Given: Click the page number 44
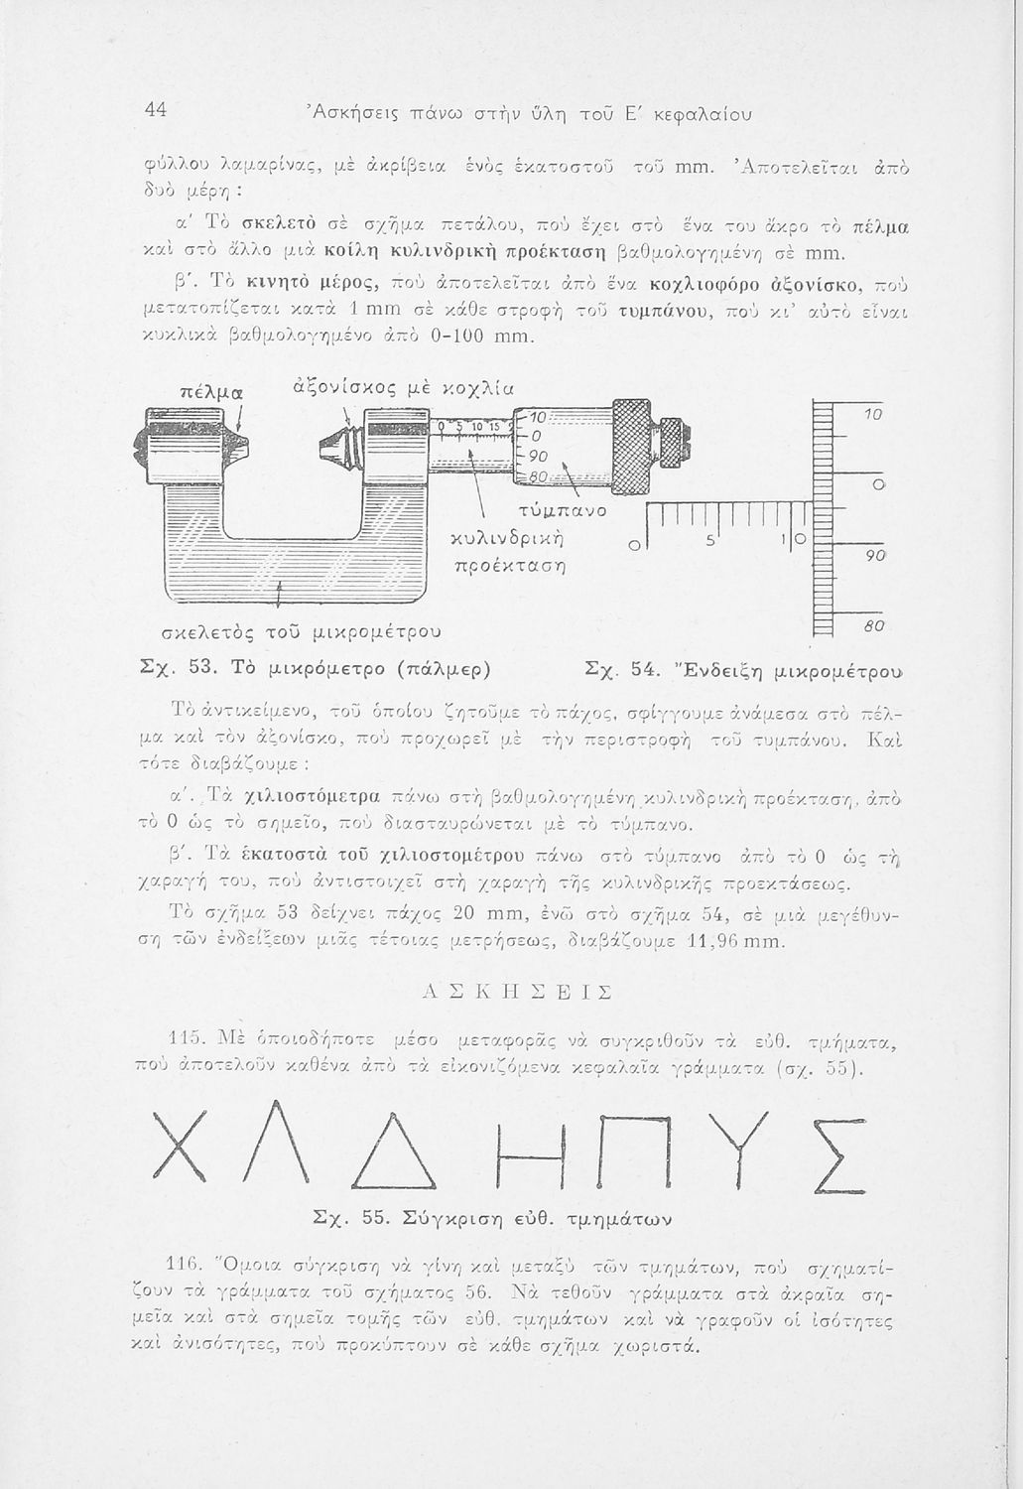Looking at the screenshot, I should tap(155, 112).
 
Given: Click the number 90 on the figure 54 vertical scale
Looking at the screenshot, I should tap(874, 557).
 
